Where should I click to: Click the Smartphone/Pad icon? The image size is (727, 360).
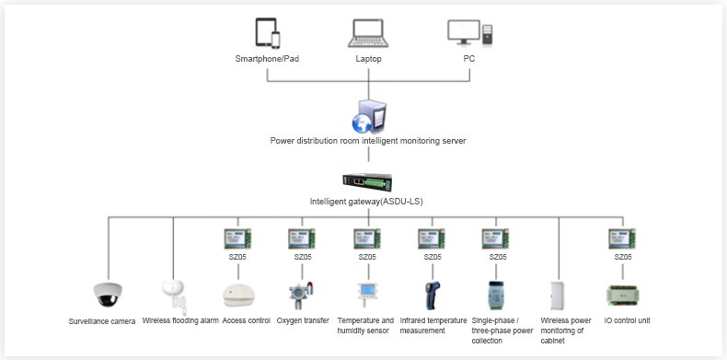pos(268,33)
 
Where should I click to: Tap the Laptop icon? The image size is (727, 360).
pos(368,33)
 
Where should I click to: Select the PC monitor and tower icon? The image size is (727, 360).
pos(469,32)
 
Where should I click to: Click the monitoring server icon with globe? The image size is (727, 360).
pos(369,116)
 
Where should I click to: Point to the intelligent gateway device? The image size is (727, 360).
pos(368,182)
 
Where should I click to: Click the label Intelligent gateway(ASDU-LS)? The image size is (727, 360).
pos(366,202)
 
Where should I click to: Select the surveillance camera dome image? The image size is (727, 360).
pos(108,294)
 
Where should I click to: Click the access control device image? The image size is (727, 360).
pos(238,296)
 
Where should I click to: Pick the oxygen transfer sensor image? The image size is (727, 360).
pos(302,296)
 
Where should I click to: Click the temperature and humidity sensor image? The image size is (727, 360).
pos(368,294)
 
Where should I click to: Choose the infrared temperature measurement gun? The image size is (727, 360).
pos(433,296)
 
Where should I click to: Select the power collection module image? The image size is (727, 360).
pos(496,296)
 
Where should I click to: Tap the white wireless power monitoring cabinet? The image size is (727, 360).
pos(558,296)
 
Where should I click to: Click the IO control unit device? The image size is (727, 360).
pos(622,296)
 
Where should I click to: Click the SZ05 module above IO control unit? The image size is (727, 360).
pos(622,238)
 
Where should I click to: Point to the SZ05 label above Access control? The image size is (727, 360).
pos(238,257)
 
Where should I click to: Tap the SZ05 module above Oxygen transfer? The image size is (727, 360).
pos(302,238)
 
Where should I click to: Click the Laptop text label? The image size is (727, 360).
pos(369,59)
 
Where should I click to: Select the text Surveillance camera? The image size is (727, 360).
pos(102,321)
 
